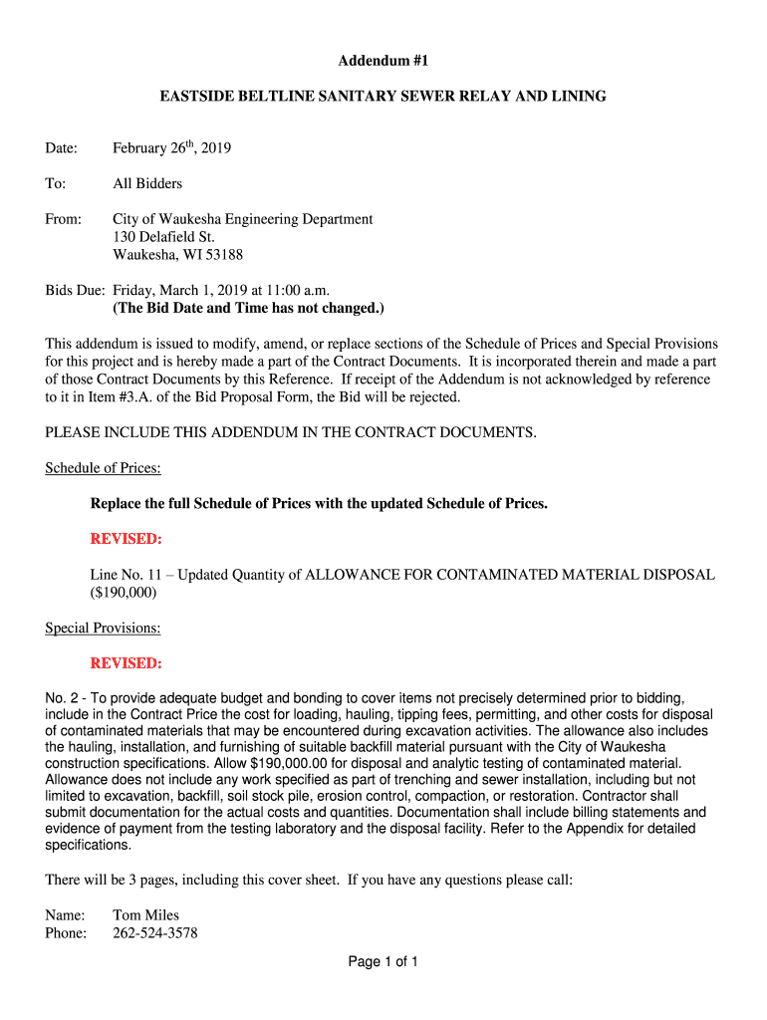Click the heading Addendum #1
(383, 61)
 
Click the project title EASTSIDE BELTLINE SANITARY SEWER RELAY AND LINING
(383, 97)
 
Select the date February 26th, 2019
(171, 148)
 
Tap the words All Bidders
(147, 183)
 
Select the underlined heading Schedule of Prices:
(104, 468)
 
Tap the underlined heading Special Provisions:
(104, 628)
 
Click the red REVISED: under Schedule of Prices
(127, 539)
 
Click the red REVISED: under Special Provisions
(127, 663)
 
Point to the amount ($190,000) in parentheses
(124, 592)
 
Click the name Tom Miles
(145, 914)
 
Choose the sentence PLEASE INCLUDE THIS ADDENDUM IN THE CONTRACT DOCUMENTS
(291, 432)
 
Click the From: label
(64, 219)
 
